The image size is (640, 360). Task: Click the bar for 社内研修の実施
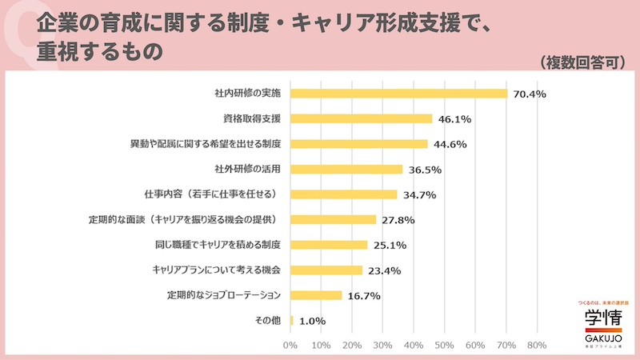(398, 94)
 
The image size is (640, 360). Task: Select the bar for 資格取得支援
(361, 118)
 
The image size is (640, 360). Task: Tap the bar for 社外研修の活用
(346, 169)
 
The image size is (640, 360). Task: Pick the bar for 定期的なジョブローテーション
(316, 295)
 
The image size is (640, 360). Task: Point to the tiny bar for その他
(292, 320)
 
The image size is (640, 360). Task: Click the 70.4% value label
(530, 94)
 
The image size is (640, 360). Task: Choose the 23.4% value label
(385, 270)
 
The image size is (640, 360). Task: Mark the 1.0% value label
(312, 321)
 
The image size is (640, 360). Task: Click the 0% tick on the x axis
(290, 346)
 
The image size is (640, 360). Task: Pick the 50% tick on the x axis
(444, 346)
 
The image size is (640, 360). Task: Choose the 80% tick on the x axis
(536, 346)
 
